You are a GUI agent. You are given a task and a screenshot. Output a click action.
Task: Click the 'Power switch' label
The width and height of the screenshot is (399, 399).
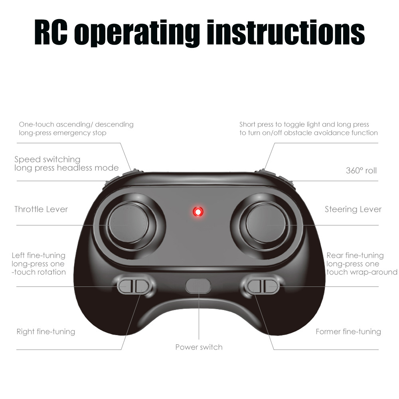pyautogui.click(x=199, y=347)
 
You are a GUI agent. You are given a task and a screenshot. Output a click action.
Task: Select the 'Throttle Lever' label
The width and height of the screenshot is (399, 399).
pyautogui.click(x=41, y=209)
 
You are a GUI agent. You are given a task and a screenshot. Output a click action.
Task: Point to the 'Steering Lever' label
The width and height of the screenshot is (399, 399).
pyautogui.click(x=353, y=209)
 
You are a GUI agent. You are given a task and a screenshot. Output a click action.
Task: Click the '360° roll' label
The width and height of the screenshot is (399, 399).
pyautogui.click(x=361, y=171)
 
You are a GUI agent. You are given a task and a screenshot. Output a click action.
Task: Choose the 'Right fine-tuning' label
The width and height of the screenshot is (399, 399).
pyautogui.click(x=45, y=332)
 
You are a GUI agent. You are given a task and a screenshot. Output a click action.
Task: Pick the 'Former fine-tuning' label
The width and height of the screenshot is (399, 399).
pyautogui.click(x=348, y=332)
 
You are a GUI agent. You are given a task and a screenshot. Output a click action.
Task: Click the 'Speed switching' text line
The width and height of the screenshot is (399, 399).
pyautogui.click(x=47, y=160)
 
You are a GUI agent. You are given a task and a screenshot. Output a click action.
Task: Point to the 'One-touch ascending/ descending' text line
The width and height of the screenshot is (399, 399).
pyautogui.click(x=76, y=124)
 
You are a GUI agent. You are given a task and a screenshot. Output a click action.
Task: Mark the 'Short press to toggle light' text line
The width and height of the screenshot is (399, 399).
pyautogui.click(x=304, y=124)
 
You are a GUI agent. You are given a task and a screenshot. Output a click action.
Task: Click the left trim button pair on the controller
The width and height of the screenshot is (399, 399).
pyautogui.click(x=133, y=286)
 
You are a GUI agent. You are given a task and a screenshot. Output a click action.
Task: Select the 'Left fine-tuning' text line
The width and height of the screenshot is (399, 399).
pyautogui.click(x=38, y=255)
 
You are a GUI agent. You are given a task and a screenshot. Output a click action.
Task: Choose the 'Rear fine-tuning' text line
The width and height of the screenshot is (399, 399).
pyautogui.click(x=355, y=255)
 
